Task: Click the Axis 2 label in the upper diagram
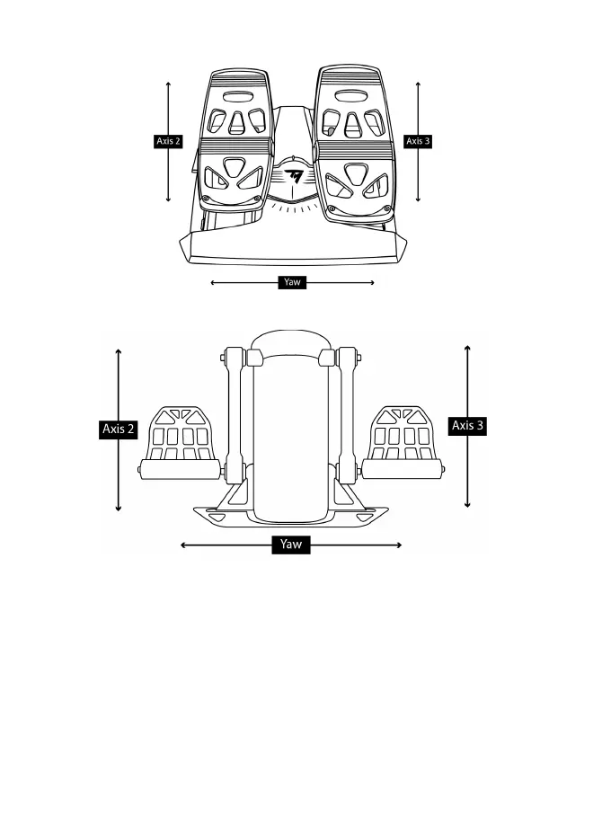pos(169,141)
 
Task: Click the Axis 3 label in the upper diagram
pos(418,141)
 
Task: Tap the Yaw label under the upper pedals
pos(291,282)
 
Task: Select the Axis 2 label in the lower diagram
pos(119,430)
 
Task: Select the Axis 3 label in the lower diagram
pos(467,426)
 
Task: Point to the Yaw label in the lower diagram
pos(291,545)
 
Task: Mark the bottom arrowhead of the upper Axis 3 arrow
pos(419,199)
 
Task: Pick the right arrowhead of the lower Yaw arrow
pos(400,545)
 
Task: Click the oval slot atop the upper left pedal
pos(237,93)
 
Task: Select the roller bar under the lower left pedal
pos(181,469)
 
